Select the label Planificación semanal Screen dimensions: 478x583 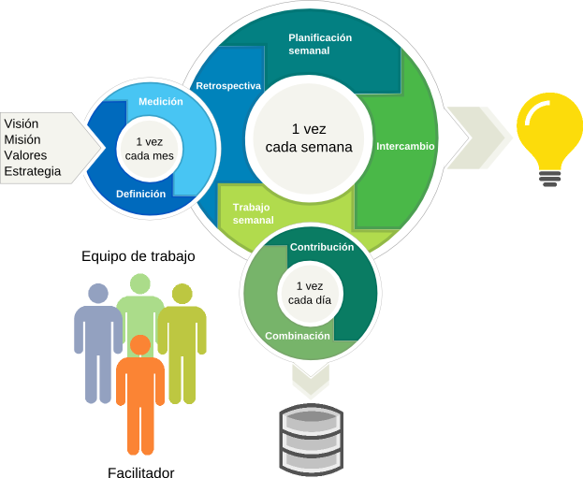point(320,44)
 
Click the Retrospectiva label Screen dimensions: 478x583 point(227,86)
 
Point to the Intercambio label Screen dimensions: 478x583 point(404,147)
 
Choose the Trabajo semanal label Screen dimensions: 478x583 point(253,213)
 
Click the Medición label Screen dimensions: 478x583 point(161,101)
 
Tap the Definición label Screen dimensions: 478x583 point(140,195)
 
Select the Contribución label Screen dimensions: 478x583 point(322,248)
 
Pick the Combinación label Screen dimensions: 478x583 point(298,336)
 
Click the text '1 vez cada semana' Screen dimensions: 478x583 point(309,138)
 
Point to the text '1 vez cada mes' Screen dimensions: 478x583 point(149,148)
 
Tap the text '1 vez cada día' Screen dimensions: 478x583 point(310,293)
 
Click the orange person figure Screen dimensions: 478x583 point(140,393)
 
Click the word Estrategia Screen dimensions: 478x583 point(33,172)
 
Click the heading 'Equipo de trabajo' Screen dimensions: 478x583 point(138,256)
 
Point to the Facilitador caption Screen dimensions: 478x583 point(140,471)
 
